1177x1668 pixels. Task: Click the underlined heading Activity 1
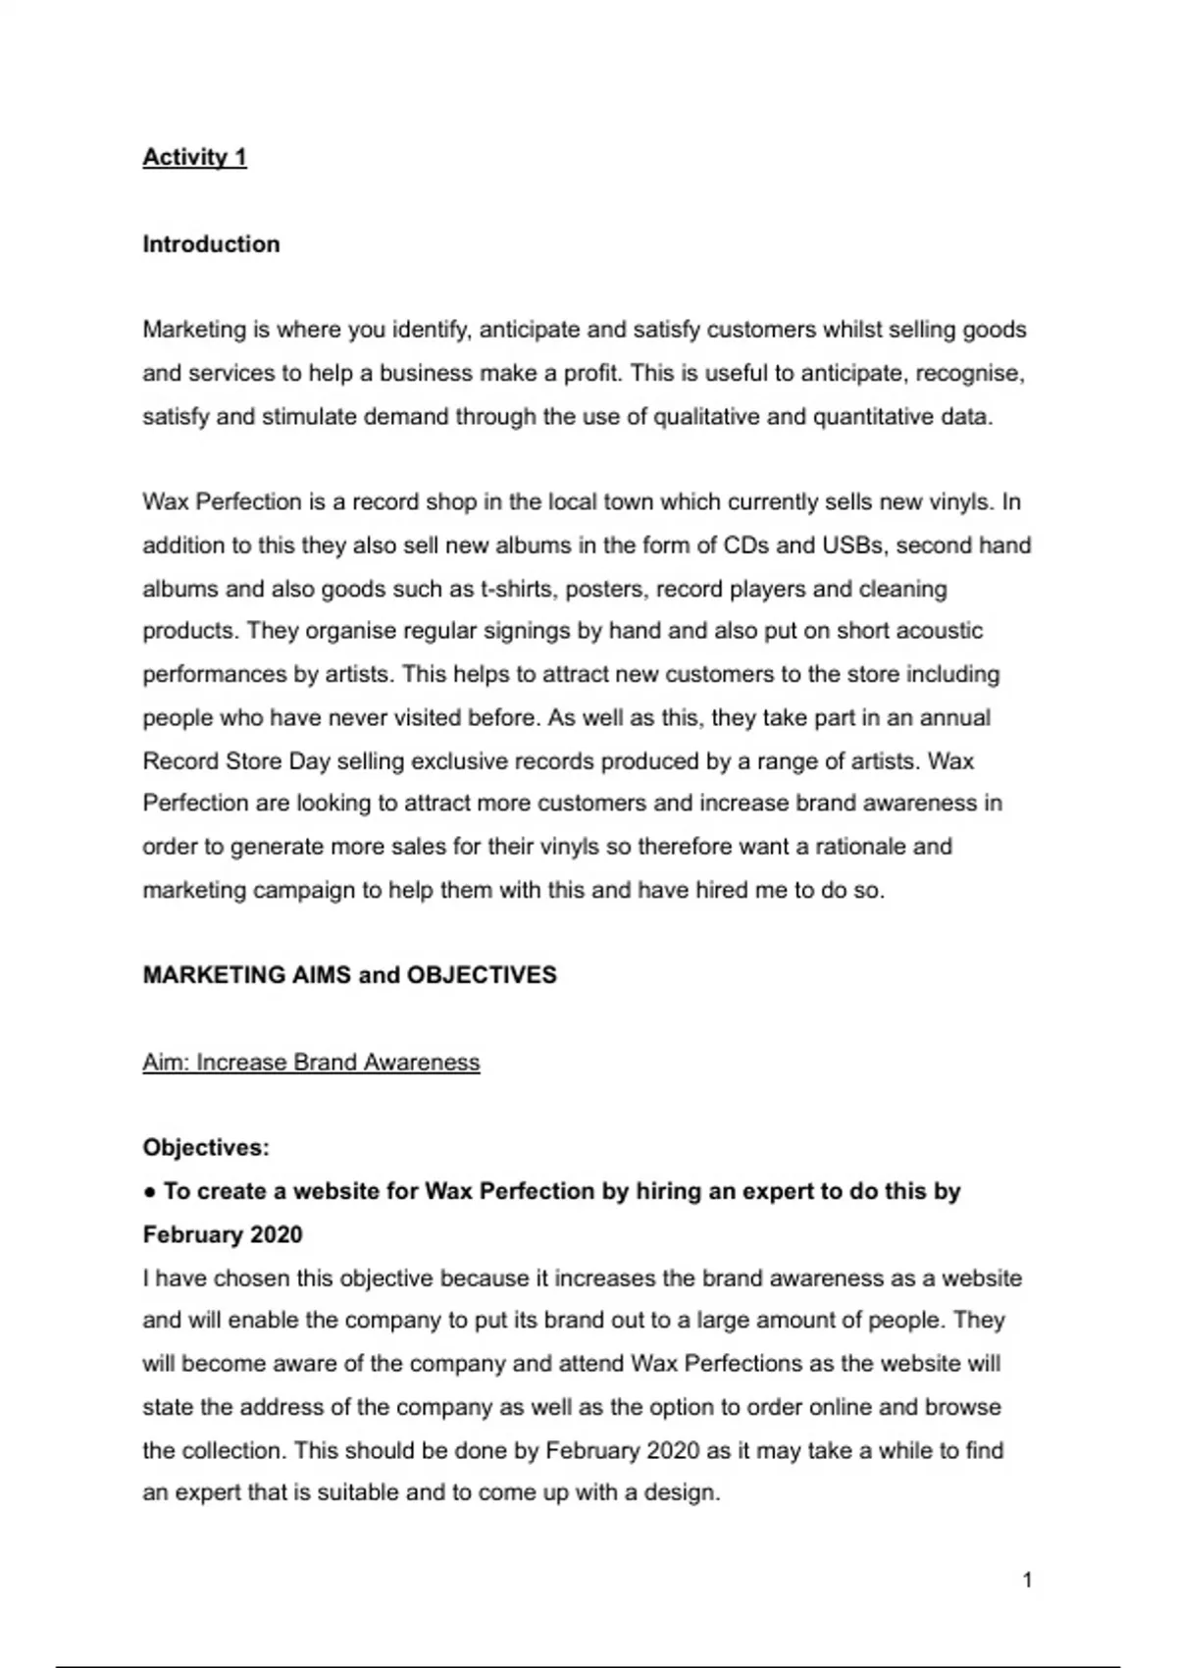tap(194, 157)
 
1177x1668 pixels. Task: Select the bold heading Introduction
tap(211, 244)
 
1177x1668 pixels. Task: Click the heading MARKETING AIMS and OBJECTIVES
tap(349, 975)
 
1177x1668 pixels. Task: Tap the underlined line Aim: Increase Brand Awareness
tap(311, 1063)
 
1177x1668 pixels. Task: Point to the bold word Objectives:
tap(206, 1148)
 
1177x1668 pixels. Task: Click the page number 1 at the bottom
tap(1027, 1580)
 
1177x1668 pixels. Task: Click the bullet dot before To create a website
tap(149, 1192)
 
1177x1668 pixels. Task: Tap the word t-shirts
tap(516, 589)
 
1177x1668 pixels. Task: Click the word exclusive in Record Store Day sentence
tap(549, 761)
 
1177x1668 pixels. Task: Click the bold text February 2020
tap(223, 1234)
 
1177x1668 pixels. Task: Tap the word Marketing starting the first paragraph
tap(193, 330)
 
